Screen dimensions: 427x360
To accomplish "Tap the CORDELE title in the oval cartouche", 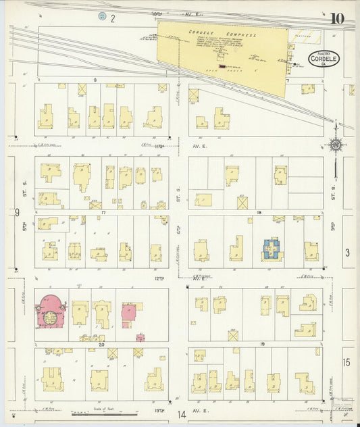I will [324, 59].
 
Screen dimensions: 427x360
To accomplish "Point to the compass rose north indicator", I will [334, 144].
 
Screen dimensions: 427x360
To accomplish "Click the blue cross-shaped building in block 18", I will [272, 250].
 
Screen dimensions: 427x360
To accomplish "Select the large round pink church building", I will [51, 311].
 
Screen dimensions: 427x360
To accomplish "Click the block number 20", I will [100, 344].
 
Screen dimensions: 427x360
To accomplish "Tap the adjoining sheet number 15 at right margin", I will [346, 363].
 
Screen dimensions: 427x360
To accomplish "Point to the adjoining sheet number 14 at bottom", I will [181, 415].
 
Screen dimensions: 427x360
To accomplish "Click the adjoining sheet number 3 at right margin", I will [347, 253].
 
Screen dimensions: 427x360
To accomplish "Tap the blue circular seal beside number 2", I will [102, 16].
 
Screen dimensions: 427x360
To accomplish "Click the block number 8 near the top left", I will [95, 80].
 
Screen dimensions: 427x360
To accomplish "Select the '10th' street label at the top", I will [157, 13].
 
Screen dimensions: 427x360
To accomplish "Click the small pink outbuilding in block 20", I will [140, 337].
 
